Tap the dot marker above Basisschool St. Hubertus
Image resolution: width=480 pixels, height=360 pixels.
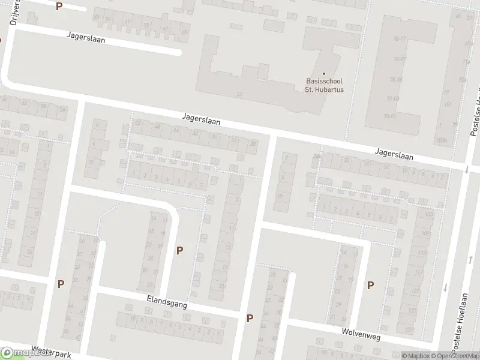(324, 73)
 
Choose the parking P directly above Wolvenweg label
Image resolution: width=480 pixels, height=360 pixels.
(370, 285)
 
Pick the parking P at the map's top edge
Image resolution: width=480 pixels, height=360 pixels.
(58, 7)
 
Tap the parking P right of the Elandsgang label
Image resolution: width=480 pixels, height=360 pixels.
(250, 318)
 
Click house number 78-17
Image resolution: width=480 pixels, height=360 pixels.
(400, 39)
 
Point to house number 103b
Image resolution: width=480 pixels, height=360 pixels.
(443, 140)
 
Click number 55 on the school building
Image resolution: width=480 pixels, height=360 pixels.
(239, 94)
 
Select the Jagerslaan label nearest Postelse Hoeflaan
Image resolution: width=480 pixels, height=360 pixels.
(395, 155)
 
